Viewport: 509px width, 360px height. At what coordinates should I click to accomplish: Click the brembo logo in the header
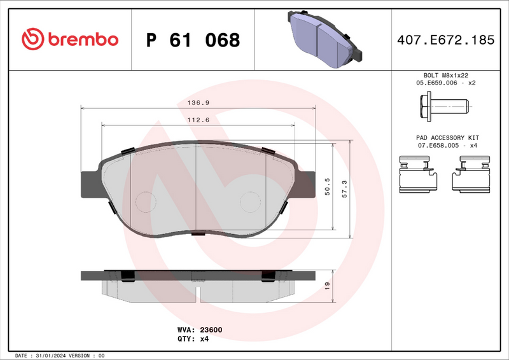70,39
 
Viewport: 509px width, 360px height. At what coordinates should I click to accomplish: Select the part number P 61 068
193,40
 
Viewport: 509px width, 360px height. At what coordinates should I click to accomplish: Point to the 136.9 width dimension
199,102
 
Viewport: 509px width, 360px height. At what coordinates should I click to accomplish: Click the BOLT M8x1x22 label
447,75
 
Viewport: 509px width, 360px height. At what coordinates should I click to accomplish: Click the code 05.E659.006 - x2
447,83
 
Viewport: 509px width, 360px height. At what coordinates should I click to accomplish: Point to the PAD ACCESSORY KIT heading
447,137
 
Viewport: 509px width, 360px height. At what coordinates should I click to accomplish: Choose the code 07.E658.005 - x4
447,146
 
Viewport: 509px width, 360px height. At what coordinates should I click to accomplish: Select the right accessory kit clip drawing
472,174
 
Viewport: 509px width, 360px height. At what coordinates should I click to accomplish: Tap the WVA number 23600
211,331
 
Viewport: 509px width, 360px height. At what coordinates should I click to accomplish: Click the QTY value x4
204,339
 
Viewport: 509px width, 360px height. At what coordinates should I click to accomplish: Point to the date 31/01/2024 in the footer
50,355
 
